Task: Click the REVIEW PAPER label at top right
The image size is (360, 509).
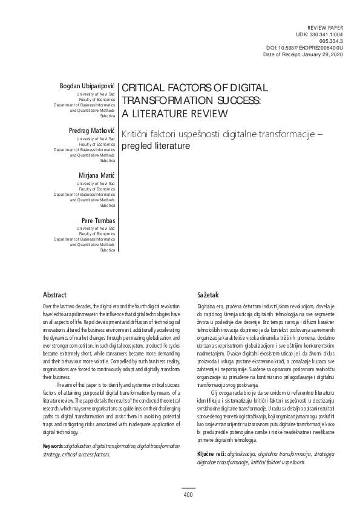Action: (x=326, y=28)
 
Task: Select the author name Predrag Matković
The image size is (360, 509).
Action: (x=91, y=130)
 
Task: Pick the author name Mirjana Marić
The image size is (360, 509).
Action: (x=96, y=175)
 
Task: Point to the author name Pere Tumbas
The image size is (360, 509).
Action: (x=97, y=219)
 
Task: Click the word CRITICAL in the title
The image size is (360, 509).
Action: (x=148, y=88)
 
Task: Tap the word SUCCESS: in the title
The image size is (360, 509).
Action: (x=236, y=100)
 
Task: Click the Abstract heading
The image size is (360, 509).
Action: (x=54, y=294)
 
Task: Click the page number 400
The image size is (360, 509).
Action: (x=188, y=496)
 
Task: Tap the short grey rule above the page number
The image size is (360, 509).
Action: (x=188, y=488)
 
